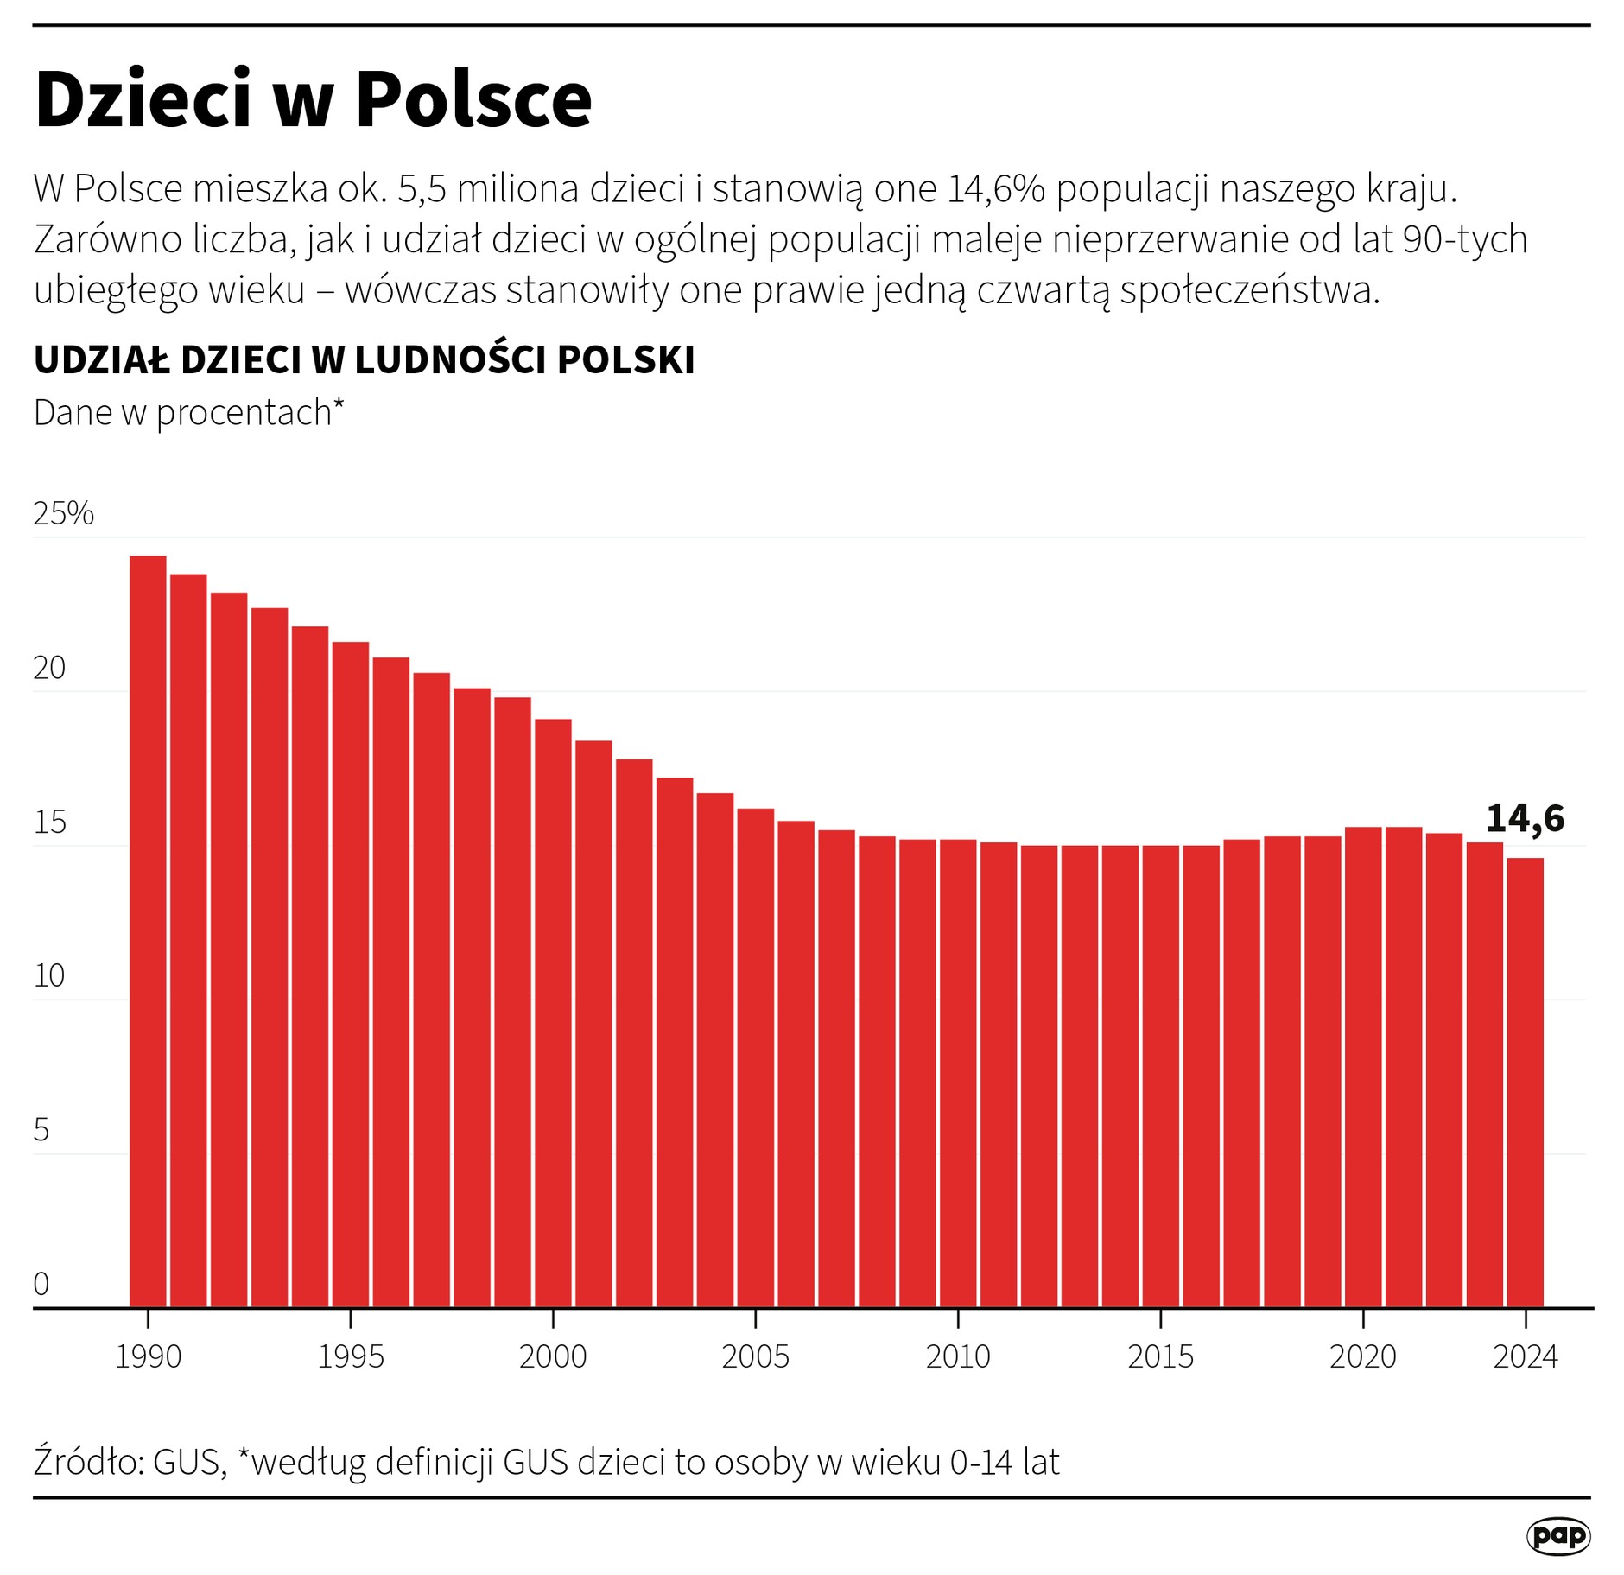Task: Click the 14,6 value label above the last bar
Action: [1525, 818]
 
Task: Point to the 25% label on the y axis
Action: [63, 514]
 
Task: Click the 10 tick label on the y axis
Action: [49, 976]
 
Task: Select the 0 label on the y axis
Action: [41, 1284]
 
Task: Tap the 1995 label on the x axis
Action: [350, 1356]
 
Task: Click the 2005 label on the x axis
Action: [755, 1356]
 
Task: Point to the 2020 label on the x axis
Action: [1362, 1356]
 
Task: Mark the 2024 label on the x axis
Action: [1526, 1356]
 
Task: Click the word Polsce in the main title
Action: [473, 99]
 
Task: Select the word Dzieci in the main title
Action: [143, 99]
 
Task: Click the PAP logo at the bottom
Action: [1558, 1535]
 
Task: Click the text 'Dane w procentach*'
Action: [188, 413]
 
